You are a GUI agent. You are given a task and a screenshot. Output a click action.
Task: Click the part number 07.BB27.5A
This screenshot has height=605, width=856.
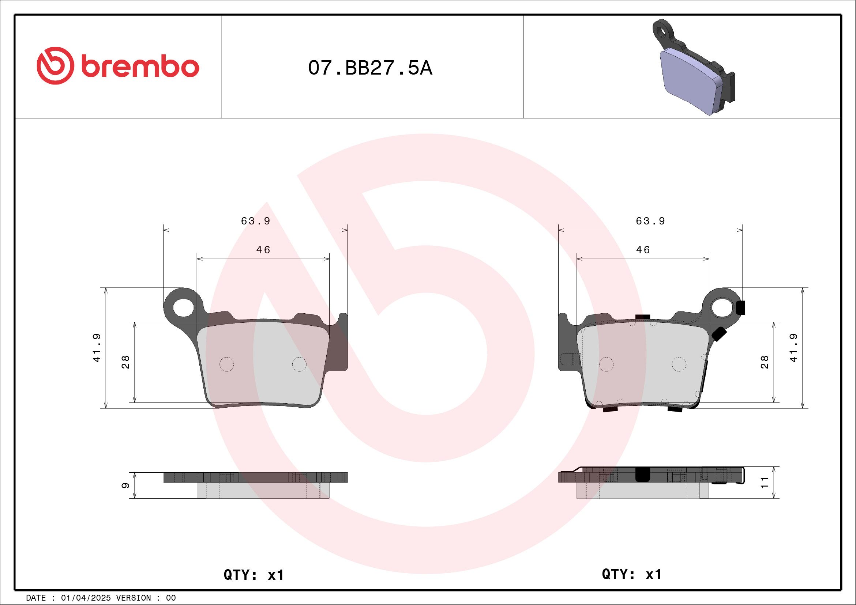click(370, 68)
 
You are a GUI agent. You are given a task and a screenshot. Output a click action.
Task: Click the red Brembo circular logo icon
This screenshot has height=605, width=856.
click(55, 65)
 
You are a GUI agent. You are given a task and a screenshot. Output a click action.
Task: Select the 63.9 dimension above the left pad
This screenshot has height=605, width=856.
click(255, 221)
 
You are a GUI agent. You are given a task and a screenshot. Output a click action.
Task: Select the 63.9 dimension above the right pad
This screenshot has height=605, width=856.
click(650, 221)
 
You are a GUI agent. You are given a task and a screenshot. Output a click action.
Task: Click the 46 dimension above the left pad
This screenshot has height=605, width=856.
click(263, 250)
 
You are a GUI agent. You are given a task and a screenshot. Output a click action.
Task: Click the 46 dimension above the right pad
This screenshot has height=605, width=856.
click(643, 250)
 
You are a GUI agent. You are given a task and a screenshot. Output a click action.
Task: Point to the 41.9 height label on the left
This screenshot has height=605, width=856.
click(97, 348)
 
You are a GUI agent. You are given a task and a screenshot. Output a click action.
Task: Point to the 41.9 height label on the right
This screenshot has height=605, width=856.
click(793, 348)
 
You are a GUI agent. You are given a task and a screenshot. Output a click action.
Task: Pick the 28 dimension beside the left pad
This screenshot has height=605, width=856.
click(125, 362)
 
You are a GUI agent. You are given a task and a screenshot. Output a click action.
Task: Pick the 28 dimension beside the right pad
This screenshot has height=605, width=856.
click(765, 362)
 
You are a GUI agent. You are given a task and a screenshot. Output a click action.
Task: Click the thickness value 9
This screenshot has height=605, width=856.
click(125, 485)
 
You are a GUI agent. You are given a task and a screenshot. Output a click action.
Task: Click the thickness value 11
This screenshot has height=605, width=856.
click(765, 483)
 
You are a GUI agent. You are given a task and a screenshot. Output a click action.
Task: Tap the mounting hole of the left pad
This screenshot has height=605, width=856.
click(183, 308)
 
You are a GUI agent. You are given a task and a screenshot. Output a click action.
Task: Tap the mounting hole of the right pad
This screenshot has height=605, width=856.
click(722, 308)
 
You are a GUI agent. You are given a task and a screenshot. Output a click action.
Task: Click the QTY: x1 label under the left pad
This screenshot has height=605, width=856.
click(254, 575)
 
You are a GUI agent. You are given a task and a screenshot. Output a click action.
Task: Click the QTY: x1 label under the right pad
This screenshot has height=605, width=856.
click(631, 574)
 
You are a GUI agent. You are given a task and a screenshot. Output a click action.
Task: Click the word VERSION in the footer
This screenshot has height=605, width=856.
click(134, 598)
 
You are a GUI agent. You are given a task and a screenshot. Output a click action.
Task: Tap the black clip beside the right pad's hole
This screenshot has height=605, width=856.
click(740, 308)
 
